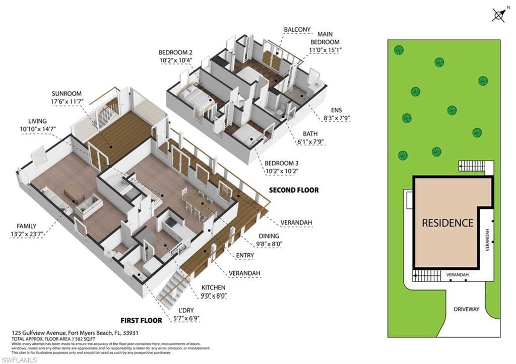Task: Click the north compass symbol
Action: (498, 15)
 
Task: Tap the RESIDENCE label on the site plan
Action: (447, 223)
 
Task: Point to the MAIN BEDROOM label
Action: (325, 42)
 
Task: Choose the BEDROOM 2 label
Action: (175, 52)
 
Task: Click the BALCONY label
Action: (297, 30)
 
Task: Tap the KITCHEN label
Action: (213, 287)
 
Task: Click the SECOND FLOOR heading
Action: (294, 190)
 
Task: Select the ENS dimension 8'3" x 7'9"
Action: (336, 118)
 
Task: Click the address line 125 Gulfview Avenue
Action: (76, 333)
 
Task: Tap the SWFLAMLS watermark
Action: (19, 359)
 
